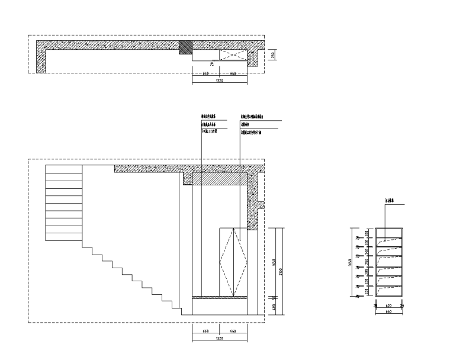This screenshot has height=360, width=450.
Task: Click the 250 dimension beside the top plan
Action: coord(273,54)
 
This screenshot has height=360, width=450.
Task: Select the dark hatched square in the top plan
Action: coord(186,48)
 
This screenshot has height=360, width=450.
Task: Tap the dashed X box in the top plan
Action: coord(233,55)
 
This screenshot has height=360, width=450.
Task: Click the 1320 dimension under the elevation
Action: coord(219,339)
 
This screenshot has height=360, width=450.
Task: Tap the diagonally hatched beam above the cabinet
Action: coord(220,179)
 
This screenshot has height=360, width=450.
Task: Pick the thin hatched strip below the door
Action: coord(220,297)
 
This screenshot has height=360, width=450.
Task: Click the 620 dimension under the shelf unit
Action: coord(388,306)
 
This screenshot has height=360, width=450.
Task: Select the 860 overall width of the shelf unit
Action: coord(388,311)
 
